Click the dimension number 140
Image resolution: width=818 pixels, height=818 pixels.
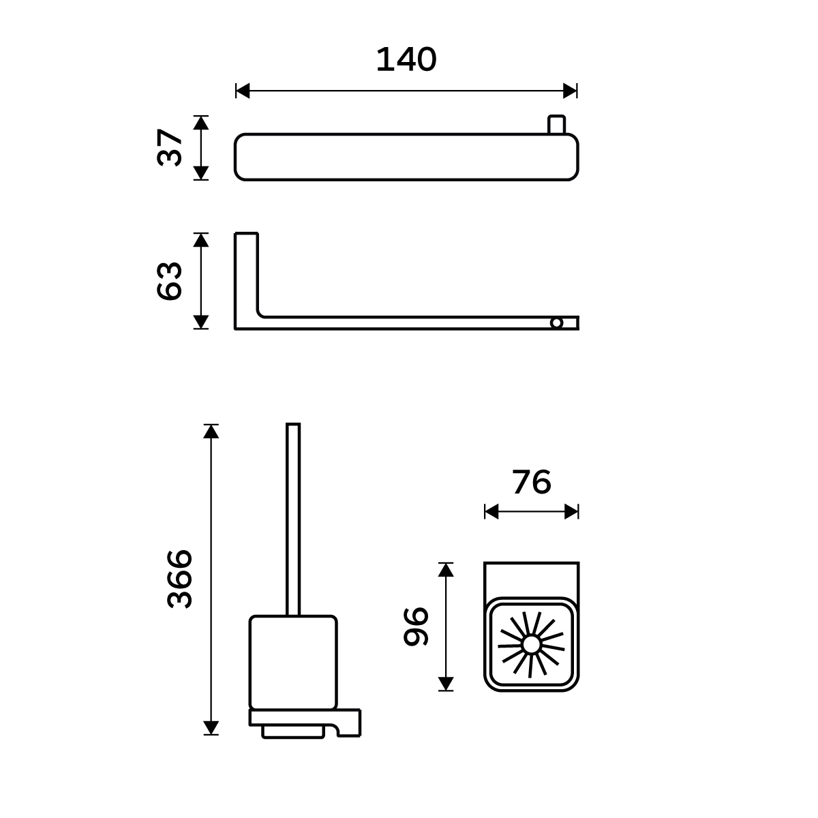406,59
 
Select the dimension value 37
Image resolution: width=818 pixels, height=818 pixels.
169,147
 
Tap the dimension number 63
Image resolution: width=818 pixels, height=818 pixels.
169,281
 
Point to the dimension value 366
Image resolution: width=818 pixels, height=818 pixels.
179,579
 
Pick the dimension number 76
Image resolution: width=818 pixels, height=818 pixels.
532,482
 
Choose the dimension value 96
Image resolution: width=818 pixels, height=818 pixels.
416,626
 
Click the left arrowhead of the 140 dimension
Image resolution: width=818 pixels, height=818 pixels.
243,91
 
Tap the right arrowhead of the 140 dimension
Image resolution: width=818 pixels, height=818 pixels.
570,91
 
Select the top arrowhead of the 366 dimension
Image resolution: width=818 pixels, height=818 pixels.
211,431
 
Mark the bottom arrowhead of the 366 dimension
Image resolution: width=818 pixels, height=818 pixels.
211,727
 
